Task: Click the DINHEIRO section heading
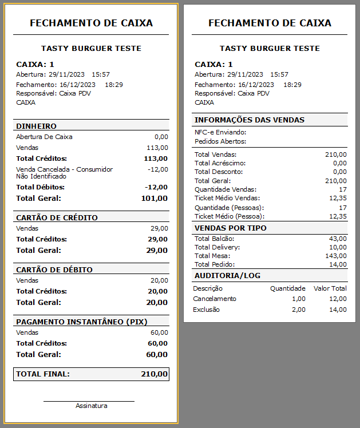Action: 36,126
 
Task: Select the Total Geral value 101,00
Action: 154,199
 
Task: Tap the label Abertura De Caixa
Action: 44,137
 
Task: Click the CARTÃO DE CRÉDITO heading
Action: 57,217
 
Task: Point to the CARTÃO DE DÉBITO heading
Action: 54,270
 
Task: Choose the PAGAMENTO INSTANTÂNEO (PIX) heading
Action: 76,322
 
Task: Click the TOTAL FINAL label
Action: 43,374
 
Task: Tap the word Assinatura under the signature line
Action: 91,406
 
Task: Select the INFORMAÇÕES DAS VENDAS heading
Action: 250,120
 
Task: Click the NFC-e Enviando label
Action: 220,132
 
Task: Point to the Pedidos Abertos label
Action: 220,141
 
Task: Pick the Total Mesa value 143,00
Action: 335,256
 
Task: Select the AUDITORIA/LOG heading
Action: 227,276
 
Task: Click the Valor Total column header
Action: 330,288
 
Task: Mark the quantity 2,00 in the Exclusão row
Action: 299,310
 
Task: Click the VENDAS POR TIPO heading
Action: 231,228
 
